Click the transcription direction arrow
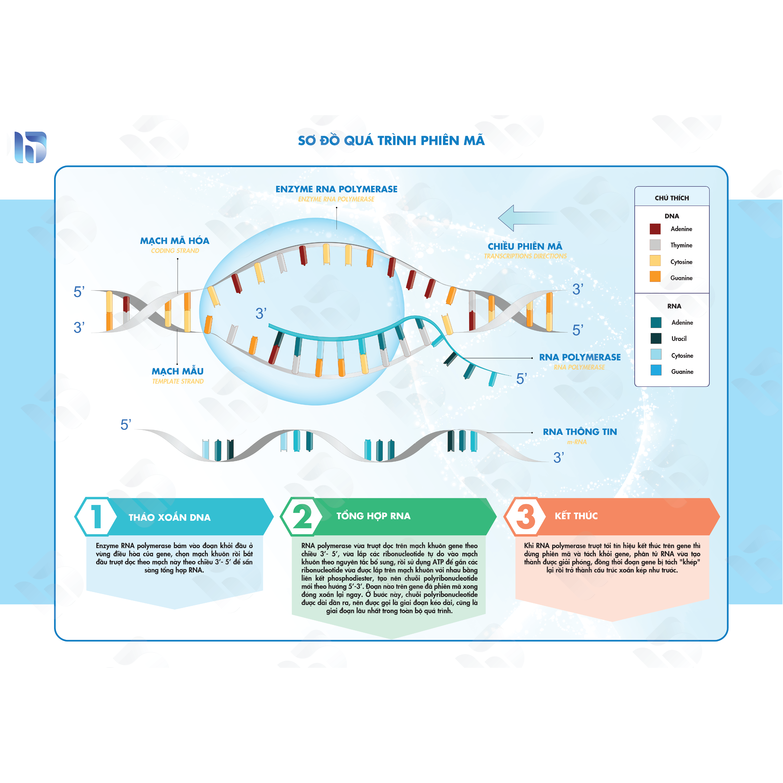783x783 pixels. pos(528,218)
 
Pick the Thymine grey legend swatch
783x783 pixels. pos(655,245)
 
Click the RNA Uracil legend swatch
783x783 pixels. pos(656,338)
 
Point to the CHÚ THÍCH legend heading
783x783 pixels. pos(671,198)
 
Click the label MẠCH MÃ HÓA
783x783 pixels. pos(175,241)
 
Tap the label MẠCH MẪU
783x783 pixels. pos(177,371)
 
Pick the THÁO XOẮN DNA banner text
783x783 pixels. pos(169,517)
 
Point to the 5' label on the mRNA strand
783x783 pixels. pos(126,425)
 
